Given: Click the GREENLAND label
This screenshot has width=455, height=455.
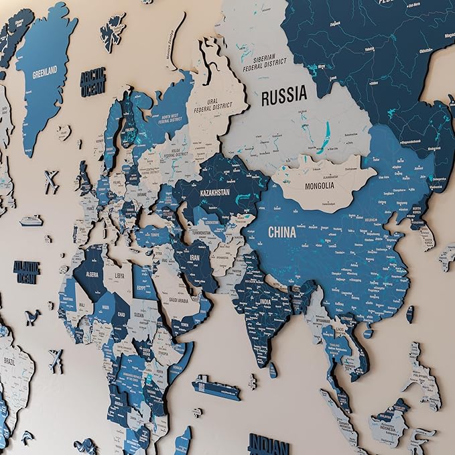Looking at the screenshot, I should (45, 70).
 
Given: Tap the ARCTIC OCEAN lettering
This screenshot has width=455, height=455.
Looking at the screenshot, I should (93, 83).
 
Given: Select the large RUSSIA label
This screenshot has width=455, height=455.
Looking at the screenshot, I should (283, 96).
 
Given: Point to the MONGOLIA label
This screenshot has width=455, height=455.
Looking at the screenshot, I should (319, 186).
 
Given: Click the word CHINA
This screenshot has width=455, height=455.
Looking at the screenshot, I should (282, 233).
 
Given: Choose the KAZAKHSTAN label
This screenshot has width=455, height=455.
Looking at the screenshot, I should (214, 193).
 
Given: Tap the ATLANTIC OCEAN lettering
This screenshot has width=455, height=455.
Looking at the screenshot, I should (26, 271).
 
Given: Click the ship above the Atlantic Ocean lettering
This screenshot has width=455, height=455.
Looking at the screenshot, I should (30, 220).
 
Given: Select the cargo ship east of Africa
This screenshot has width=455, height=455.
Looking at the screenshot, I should (216, 387).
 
